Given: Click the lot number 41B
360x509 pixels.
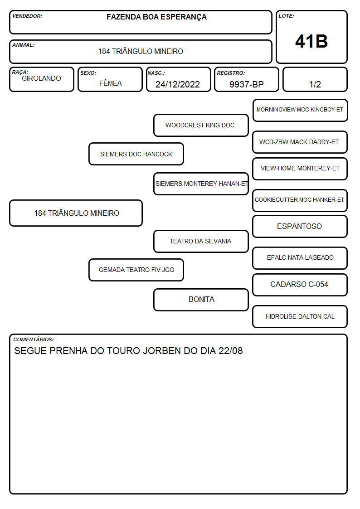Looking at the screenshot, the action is point(311,41).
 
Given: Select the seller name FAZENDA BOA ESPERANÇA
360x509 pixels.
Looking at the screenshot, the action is point(156,17).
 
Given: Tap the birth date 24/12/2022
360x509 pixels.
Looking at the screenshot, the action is point(178,84).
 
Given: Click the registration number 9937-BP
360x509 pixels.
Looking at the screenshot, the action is point(246,84).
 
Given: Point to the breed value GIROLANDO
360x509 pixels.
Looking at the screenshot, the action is point(41,78).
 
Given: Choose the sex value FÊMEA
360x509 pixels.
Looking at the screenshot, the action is point(110,83).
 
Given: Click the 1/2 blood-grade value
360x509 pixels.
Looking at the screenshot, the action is point(315,84).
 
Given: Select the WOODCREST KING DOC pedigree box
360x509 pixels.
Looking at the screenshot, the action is point(201,125).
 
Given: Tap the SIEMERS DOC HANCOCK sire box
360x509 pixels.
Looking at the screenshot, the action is point(136,154).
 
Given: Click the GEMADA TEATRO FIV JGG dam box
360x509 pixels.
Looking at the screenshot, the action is point(136,270).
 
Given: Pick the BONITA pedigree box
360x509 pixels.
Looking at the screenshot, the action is point(201,300).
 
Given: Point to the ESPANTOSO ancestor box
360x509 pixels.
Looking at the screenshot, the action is point(300,226).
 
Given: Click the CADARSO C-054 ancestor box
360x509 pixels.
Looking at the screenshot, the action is point(300,285).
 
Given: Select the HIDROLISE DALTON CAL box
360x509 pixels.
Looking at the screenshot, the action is point(300,316).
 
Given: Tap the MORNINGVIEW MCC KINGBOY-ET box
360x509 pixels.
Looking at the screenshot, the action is point(300,110).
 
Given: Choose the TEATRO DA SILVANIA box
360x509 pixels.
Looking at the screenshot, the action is point(201,241).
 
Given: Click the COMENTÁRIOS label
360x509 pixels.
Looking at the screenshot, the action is point(34,339).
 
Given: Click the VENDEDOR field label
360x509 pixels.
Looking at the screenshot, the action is point(27,16).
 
